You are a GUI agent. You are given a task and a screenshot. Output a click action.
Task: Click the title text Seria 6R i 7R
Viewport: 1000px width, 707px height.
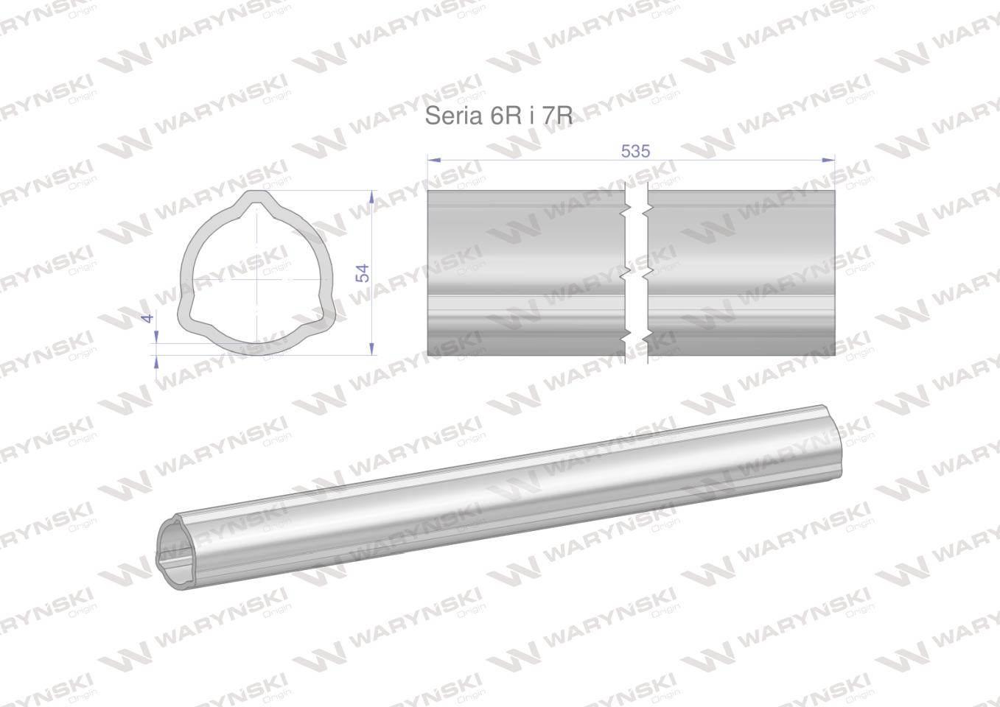[x=498, y=116]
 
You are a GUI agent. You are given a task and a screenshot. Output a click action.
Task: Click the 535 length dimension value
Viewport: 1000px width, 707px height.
[x=635, y=152]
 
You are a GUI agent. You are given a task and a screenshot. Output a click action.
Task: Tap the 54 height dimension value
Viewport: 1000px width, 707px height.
[x=362, y=272]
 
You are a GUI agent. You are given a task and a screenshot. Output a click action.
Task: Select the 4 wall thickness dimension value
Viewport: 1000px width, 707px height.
[x=149, y=317]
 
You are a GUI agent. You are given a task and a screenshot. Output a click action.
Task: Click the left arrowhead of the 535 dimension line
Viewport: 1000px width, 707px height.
[x=434, y=160]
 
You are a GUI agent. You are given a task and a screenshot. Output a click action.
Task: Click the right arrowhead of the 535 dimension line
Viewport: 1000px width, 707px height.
[x=828, y=160]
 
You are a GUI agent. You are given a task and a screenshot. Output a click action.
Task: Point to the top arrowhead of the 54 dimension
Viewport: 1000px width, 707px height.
[x=372, y=197]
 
